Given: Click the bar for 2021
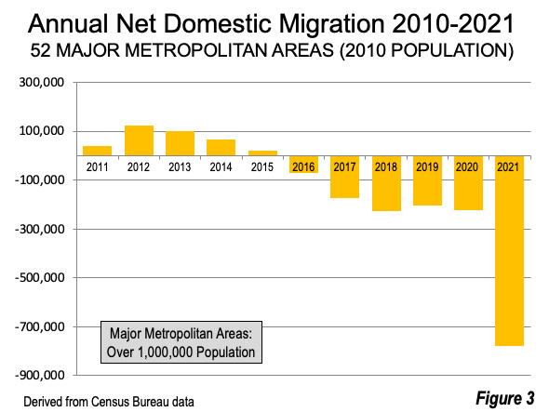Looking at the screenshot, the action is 509,250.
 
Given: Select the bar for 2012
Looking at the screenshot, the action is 139,140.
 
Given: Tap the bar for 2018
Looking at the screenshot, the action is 386,183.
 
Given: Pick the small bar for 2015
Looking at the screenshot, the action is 262,153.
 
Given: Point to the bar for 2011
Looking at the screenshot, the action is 97,151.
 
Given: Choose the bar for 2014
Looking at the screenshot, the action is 221,148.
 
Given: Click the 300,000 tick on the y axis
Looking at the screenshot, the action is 42,83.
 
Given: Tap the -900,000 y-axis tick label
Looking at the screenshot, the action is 40,375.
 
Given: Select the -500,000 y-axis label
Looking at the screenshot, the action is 40,277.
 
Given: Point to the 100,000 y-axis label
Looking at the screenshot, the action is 42,131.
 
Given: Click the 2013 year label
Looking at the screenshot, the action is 180,167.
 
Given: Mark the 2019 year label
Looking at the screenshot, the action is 427,167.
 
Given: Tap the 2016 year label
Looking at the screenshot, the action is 303,167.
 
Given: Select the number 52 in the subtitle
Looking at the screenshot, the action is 40,50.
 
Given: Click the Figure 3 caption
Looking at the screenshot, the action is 505,398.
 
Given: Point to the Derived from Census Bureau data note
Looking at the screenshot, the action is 109,402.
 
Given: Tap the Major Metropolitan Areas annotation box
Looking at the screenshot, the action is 181,342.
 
